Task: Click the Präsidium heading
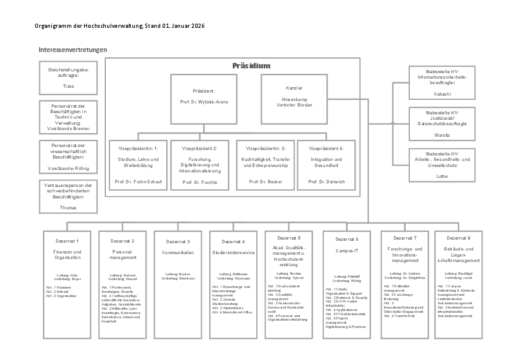(251, 65)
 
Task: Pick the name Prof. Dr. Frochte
(199, 182)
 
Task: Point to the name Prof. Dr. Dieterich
(326, 182)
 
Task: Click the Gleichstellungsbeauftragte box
(68, 78)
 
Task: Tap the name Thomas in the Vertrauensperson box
(68, 208)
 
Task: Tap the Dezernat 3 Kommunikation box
(179, 285)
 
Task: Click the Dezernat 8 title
(459, 238)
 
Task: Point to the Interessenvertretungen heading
(73, 50)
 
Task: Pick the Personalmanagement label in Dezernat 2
(123, 254)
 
